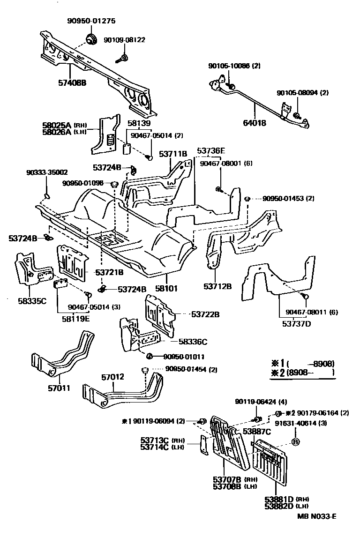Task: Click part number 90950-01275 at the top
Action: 91,21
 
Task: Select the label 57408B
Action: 72,82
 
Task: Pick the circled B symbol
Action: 296,441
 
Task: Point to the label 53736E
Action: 211,151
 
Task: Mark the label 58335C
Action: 32,300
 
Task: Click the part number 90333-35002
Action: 46,172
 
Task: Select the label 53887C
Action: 256,431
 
